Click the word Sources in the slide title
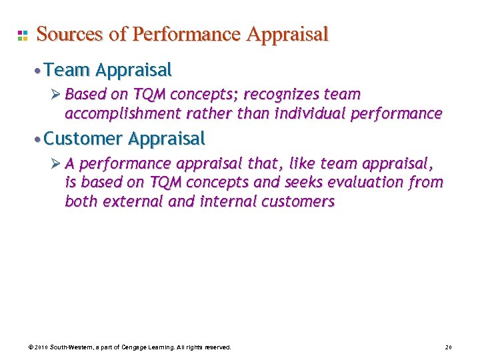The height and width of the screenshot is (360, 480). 69,34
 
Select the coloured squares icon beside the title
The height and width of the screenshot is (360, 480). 22,35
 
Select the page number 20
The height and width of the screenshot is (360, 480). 448,347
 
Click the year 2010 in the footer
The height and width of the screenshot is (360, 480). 40,347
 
